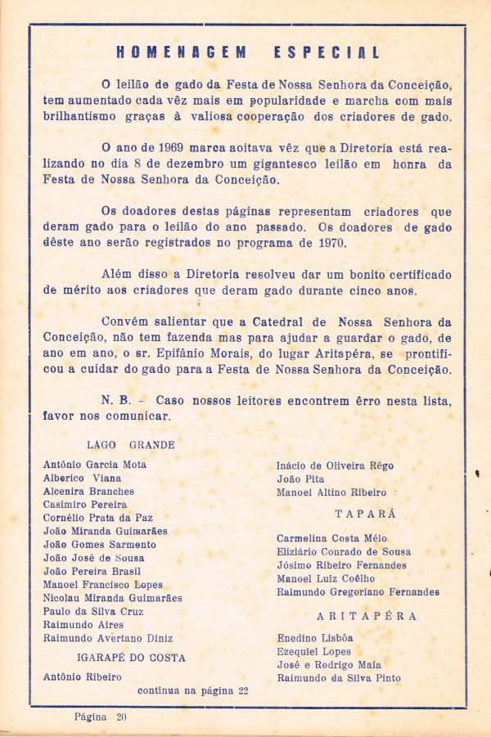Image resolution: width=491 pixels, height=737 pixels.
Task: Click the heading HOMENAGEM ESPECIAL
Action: (x=248, y=53)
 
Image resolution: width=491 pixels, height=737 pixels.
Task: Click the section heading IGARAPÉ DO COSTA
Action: (x=131, y=658)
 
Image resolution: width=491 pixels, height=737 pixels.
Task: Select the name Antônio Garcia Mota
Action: (x=95, y=465)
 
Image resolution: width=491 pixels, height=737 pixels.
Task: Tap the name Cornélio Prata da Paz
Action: (x=97, y=518)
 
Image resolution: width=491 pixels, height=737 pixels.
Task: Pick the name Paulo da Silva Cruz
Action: (x=93, y=611)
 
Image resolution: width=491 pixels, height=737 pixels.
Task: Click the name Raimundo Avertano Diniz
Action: (x=107, y=638)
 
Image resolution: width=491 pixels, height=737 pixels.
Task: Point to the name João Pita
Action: (x=300, y=479)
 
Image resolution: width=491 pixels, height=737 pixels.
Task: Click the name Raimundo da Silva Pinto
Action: (x=339, y=678)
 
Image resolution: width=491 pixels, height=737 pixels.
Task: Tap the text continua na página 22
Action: (x=193, y=690)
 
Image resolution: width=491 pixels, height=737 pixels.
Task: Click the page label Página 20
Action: (x=101, y=717)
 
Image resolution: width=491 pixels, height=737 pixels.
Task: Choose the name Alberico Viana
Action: (x=82, y=478)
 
